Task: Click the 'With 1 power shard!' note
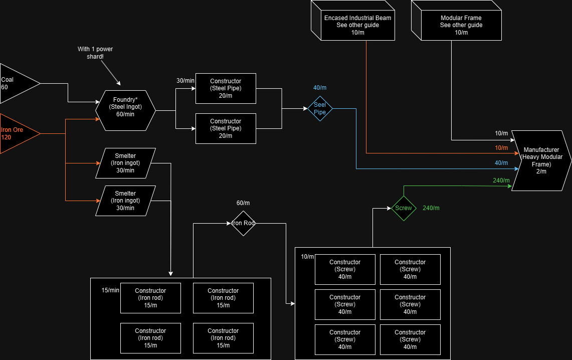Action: [95, 53]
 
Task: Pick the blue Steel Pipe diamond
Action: [320, 108]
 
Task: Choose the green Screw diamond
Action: [404, 208]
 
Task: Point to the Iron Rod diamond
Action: [243, 223]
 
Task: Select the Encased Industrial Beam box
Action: [357, 25]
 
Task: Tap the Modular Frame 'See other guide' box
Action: [461, 25]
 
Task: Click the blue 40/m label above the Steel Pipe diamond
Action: [320, 88]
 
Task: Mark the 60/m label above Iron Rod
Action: [243, 203]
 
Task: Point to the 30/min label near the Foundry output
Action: [185, 81]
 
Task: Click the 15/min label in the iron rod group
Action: [110, 290]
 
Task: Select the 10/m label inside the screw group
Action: [307, 257]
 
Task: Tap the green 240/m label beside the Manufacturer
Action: [501, 181]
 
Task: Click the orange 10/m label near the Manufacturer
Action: [501, 148]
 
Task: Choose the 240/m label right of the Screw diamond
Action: [431, 208]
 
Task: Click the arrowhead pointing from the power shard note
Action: [119, 83]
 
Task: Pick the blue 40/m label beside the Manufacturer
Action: [501, 163]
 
